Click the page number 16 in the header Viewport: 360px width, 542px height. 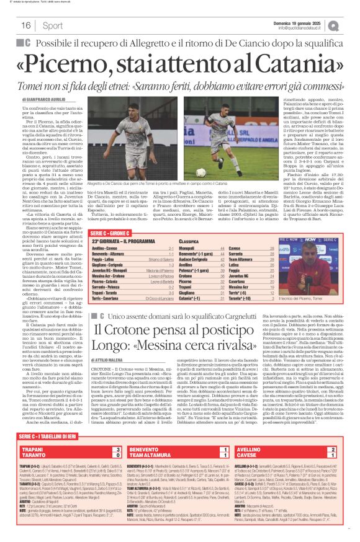[25, 25]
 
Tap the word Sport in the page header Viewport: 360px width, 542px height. [53, 25]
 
